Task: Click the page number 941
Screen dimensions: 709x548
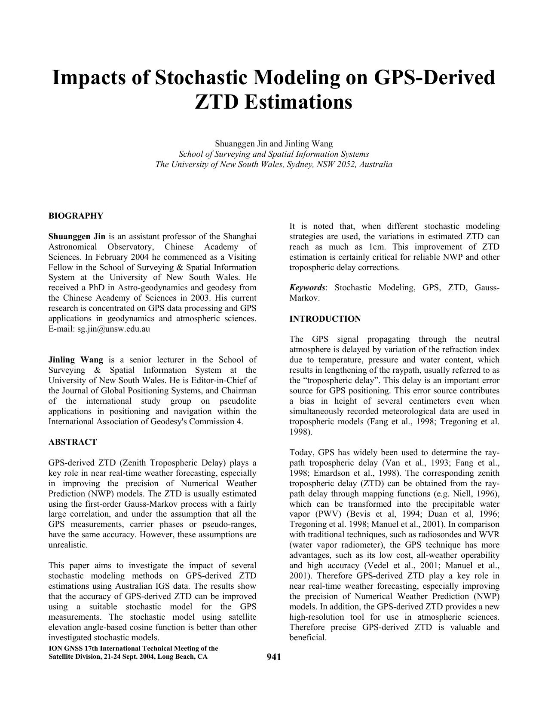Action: pyautogui.click(x=273, y=657)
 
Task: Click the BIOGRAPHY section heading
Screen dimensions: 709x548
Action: pyautogui.click(x=76, y=216)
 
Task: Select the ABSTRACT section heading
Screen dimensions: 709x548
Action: pyautogui.click(x=73, y=442)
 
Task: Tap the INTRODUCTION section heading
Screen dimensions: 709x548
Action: pyautogui.click(x=325, y=319)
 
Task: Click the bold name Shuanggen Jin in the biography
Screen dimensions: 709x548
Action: pyautogui.click(x=77, y=236)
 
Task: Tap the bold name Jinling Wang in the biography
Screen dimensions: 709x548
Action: pyautogui.click(x=76, y=360)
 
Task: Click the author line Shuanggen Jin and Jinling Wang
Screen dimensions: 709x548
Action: pyautogui.click(x=274, y=143)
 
